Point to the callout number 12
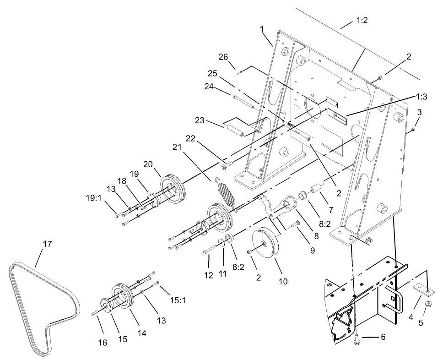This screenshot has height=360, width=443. (209, 275)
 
